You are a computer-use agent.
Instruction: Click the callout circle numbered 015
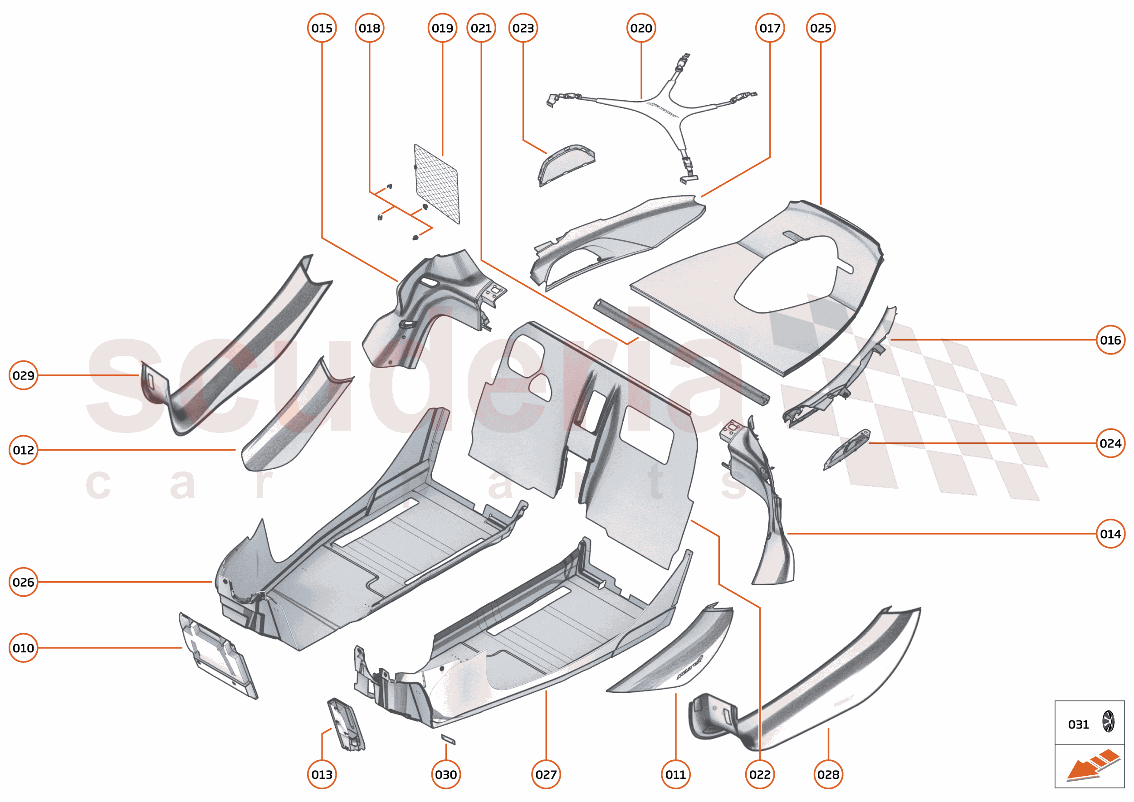[x=322, y=28]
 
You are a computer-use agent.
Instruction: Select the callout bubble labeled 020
[x=641, y=28]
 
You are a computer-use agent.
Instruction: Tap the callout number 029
[x=23, y=375]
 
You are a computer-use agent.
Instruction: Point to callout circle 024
[x=1110, y=443]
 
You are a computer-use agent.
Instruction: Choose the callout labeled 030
[x=446, y=774]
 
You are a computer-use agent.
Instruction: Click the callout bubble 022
[x=759, y=774]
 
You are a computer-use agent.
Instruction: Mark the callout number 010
[x=23, y=648]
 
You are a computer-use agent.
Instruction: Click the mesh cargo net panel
[x=437, y=184]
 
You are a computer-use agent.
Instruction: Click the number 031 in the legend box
[x=1078, y=724]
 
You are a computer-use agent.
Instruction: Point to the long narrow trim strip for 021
[x=682, y=352]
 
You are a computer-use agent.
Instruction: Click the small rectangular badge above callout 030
[x=448, y=739]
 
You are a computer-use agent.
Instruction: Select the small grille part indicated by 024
[x=846, y=449]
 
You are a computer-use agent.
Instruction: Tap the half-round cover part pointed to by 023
[x=566, y=165]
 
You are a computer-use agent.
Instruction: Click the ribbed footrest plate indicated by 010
[x=217, y=656]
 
